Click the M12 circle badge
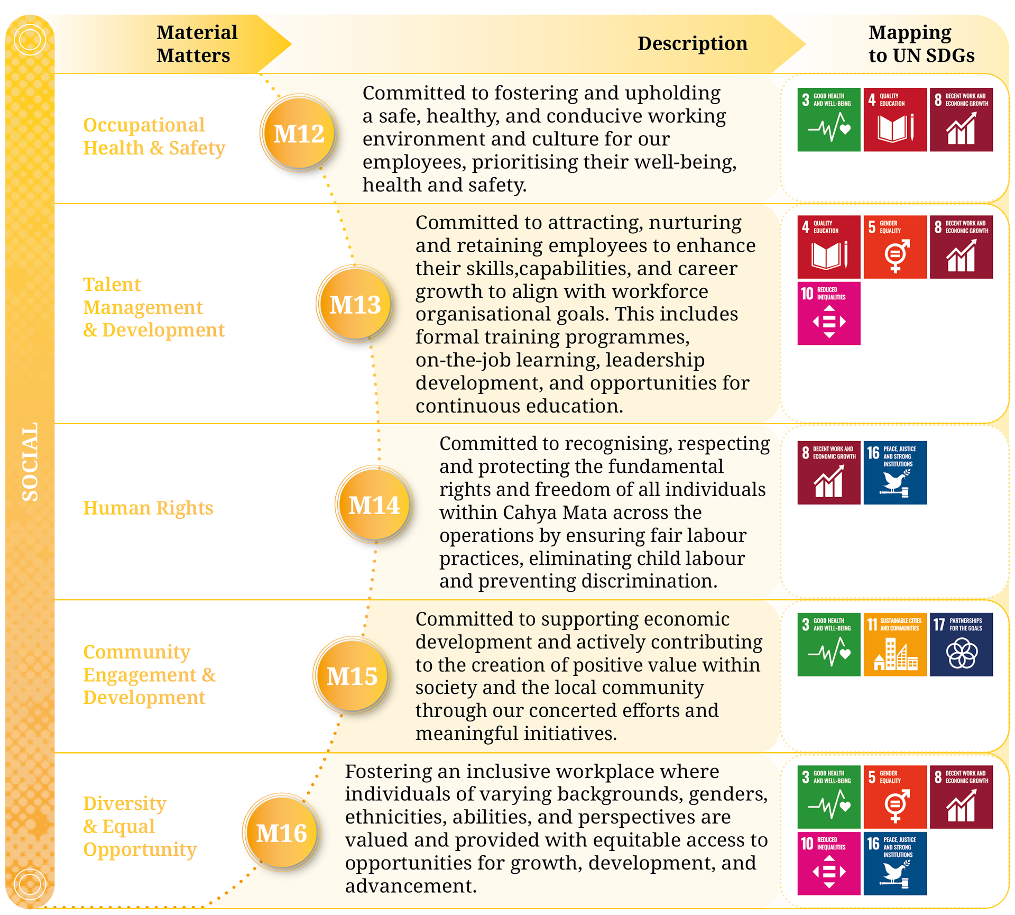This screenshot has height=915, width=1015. click(299, 133)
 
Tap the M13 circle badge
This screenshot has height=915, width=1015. click(355, 304)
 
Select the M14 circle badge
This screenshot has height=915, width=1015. click(374, 505)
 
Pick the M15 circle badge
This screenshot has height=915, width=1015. click(352, 675)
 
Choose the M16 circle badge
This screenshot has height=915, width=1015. click(282, 833)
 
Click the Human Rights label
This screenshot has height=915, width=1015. click(148, 508)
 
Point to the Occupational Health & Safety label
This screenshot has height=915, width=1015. click(154, 136)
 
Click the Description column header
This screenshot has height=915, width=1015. click(692, 43)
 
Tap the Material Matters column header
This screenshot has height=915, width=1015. click(197, 44)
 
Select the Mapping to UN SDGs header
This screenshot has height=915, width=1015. click(921, 44)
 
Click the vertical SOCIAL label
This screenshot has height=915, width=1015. click(30, 461)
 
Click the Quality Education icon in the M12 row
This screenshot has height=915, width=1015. click(895, 120)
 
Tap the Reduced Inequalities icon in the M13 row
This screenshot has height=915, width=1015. click(829, 313)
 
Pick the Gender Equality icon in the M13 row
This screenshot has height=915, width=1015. click(895, 247)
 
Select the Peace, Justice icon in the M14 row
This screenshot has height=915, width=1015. click(895, 472)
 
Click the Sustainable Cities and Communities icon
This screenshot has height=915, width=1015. click(895, 644)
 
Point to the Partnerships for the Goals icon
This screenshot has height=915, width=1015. click(961, 644)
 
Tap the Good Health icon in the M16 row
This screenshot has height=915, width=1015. click(829, 797)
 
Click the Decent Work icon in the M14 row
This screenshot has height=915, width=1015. click(829, 472)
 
